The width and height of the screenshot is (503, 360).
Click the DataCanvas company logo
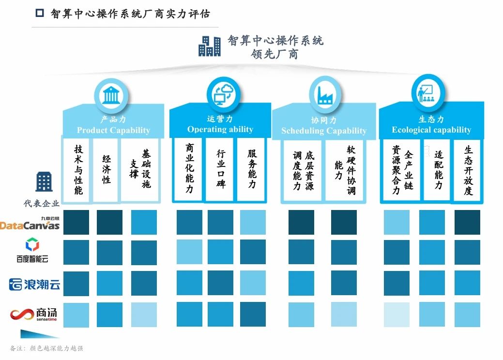[30, 224]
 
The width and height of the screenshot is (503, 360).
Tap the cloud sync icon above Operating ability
[223, 94]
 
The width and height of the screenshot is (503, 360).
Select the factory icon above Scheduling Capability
[324, 94]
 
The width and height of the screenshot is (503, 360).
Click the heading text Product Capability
[113, 130]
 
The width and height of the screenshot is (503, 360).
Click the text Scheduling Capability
[324, 131]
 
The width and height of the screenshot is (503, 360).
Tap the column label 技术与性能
[78, 170]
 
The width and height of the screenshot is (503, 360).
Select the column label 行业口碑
[221, 169]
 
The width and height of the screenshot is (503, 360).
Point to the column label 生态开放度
[468, 170]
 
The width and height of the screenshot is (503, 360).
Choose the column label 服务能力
[252, 169]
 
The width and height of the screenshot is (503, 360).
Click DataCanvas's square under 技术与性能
[76, 222]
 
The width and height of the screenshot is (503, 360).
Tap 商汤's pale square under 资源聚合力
[396, 315]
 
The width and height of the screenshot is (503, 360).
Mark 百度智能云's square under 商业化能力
[189, 253]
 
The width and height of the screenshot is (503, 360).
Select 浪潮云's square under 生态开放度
[467, 284]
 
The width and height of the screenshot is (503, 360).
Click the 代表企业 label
[42, 203]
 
